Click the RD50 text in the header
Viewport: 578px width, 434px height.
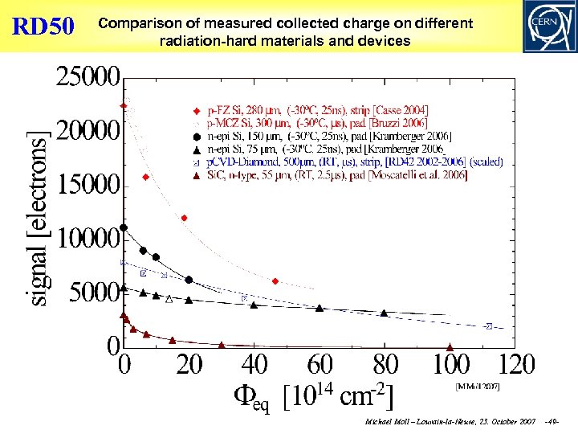click(x=43, y=26)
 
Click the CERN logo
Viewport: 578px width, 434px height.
click(x=547, y=26)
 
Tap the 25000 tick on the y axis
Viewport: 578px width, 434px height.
click(x=88, y=80)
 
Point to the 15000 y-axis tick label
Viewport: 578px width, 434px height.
click(x=88, y=185)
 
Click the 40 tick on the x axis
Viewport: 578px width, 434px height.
click(x=254, y=366)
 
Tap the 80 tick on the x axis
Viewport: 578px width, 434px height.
click(x=385, y=366)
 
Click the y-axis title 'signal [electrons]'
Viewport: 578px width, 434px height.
click(x=40, y=217)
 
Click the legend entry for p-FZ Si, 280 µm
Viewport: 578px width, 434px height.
click(x=318, y=109)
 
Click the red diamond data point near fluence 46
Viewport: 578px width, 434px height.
click(x=275, y=281)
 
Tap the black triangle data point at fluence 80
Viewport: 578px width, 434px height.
click(x=384, y=313)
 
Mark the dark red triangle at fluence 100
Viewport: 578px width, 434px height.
click(x=450, y=347)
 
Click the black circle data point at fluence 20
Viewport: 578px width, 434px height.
click(x=189, y=280)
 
